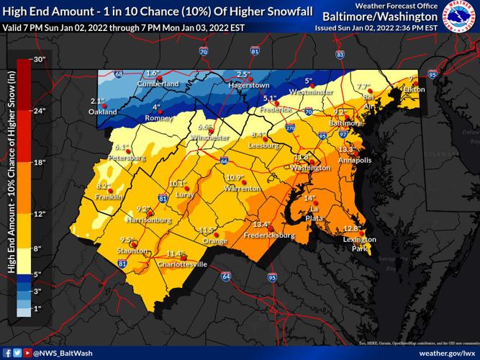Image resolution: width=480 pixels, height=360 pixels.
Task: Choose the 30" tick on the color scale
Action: coord(40,60)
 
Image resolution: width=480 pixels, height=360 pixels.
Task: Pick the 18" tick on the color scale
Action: coord(40,163)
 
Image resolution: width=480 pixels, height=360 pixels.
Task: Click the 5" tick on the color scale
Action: coord(40,273)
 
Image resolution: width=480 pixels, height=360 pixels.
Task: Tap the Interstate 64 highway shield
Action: coord(226,276)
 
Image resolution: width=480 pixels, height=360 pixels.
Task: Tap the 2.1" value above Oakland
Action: coord(98,101)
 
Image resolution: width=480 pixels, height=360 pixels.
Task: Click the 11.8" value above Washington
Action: coord(301,157)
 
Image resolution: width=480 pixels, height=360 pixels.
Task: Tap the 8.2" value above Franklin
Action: coord(104,186)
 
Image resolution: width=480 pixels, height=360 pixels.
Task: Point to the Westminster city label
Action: coord(314,93)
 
